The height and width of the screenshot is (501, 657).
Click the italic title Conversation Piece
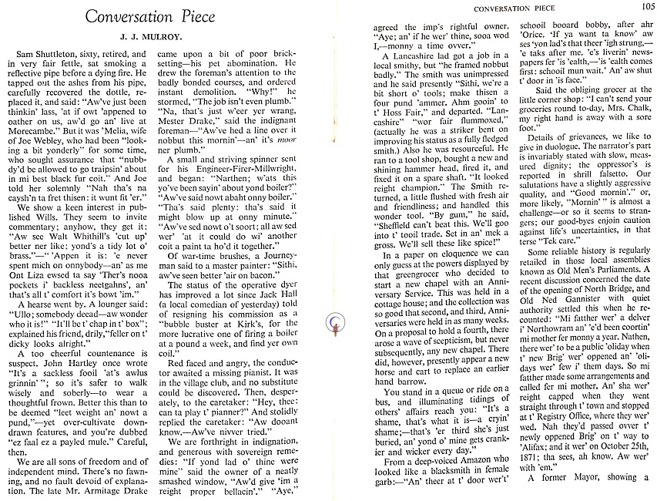click(150, 16)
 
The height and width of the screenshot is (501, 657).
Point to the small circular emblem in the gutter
click(334, 327)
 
